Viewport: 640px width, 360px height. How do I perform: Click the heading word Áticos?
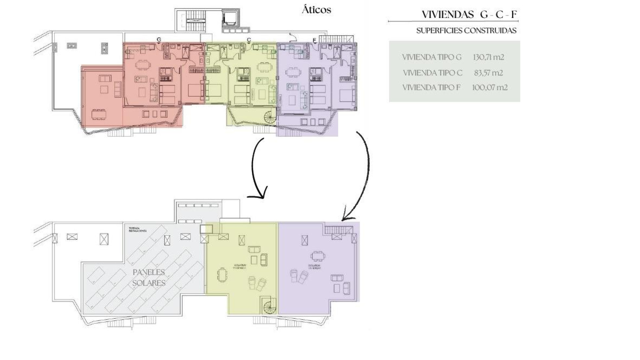click(x=316, y=10)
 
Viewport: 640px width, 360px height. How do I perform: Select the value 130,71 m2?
click(x=488, y=57)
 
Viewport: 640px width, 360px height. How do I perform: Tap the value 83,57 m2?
click(x=488, y=73)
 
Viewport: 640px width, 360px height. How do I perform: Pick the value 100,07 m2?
click(x=490, y=88)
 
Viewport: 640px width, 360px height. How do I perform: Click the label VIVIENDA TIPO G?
click(x=432, y=57)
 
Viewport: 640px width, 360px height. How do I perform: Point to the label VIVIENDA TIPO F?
click(x=431, y=88)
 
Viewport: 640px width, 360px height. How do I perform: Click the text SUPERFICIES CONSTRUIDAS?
click(x=466, y=31)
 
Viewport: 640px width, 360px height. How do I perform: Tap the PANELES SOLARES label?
click(x=149, y=277)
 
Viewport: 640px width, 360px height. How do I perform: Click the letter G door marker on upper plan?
click(x=159, y=40)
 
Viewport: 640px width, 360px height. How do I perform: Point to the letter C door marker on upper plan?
click(x=249, y=40)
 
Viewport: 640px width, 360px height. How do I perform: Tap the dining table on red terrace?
click(x=99, y=114)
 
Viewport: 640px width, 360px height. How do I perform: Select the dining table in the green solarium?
click(x=222, y=275)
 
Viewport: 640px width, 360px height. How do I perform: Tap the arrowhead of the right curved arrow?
click(x=346, y=217)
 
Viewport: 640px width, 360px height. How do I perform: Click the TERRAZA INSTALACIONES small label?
click(x=137, y=230)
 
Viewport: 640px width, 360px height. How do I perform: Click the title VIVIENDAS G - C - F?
click(x=469, y=15)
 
